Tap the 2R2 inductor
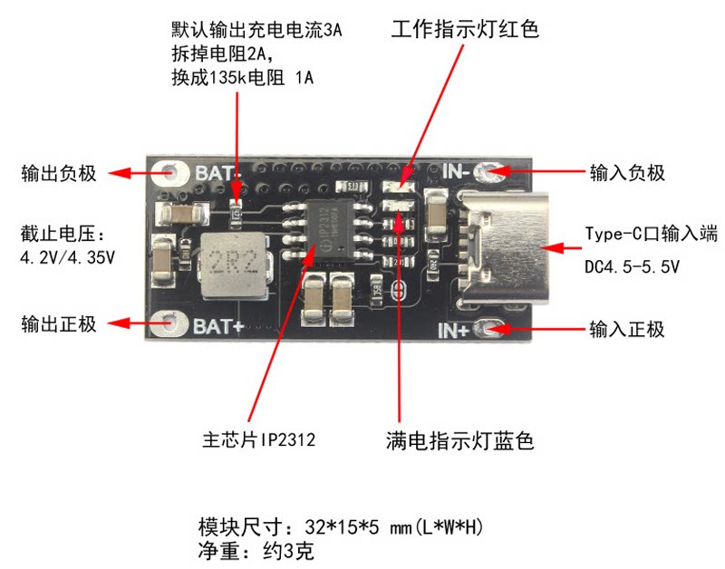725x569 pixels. click(234, 265)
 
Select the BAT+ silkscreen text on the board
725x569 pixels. click(217, 326)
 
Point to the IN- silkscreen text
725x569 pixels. click(456, 171)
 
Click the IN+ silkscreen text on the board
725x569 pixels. click(454, 330)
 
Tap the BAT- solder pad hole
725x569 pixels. click(171, 173)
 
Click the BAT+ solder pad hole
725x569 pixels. click(169, 323)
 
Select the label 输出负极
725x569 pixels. click(59, 173)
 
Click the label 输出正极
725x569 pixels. click(59, 323)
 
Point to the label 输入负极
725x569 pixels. click(627, 173)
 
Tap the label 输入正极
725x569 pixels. click(626, 329)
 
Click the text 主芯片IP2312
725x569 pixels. click(259, 439)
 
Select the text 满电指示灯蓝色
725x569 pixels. click(460, 440)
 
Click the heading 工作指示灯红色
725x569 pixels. click(465, 29)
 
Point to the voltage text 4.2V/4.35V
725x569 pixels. click(67, 257)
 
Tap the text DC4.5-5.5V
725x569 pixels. click(632, 266)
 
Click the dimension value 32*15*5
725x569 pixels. click(343, 526)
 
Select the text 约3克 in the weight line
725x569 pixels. click(288, 551)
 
